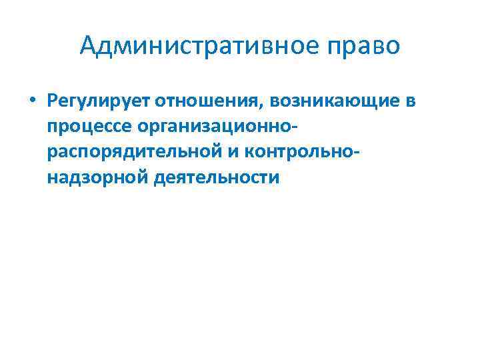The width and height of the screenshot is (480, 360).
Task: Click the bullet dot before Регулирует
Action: click(x=32, y=102)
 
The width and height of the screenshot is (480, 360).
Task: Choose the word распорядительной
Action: click(x=131, y=153)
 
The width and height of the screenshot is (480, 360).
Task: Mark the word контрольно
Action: click(x=298, y=153)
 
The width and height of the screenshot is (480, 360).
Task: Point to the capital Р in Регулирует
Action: click(x=52, y=101)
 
